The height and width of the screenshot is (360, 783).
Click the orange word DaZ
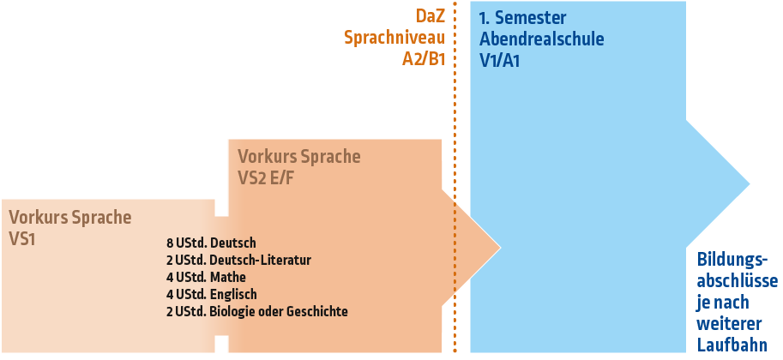pos(431,17)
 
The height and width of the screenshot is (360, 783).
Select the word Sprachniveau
pos(393,38)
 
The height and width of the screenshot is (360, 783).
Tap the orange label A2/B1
pos(424,59)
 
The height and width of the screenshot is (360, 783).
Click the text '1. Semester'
pos(523,18)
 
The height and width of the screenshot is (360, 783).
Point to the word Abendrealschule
pos(541,39)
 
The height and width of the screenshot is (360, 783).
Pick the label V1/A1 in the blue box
pos(500,61)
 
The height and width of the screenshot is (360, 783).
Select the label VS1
pos(22,239)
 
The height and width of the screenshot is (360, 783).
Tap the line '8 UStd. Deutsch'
pos(211,243)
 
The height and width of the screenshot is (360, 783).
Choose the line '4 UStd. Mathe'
pos(206,277)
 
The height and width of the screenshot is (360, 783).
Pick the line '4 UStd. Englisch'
pos(211,294)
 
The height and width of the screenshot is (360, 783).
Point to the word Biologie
pos(235,311)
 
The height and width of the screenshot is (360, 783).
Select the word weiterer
pos(726,323)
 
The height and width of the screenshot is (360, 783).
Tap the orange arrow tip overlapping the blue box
pos(480,244)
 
